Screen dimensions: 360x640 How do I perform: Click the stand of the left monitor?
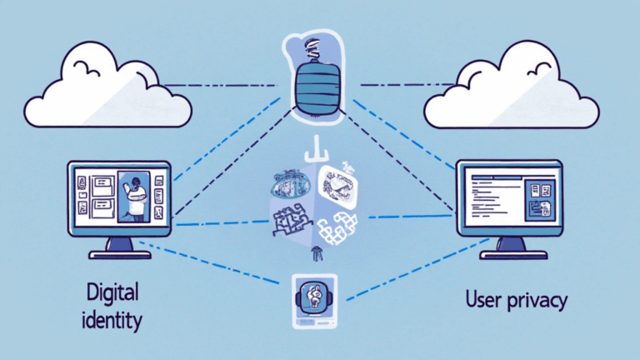120,244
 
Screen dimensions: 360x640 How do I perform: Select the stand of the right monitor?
510,244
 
